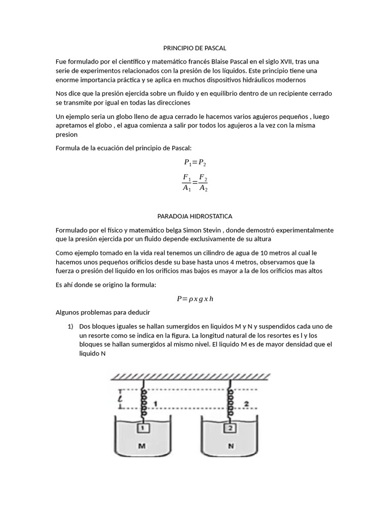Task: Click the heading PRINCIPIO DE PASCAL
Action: pos(194,48)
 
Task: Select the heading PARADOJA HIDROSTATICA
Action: pos(194,216)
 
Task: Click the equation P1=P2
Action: pos(195,163)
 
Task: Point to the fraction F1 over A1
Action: pos(187,183)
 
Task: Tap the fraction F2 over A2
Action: pos(203,183)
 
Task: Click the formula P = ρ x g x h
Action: pos(195,299)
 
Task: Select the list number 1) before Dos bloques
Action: pos(71,326)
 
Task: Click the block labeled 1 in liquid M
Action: pos(143,429)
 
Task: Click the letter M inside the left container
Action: pos(143,446)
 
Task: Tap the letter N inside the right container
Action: pos(231,446)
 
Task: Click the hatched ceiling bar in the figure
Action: pos(191,376)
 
